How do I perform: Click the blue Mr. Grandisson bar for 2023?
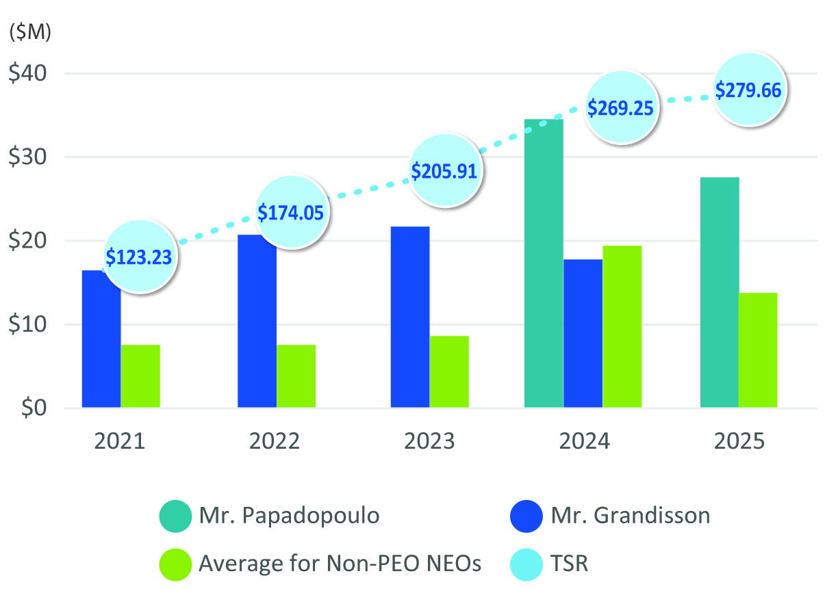pos(409,317)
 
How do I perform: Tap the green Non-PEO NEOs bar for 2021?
pos(140,376)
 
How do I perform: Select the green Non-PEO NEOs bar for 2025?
pos(758,350)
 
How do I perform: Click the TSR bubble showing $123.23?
pos(139,257)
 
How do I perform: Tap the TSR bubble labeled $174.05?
pos(291,212)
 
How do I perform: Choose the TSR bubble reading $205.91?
pos(444,170)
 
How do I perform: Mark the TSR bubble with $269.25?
pos(620,107)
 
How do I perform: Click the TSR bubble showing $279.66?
pos(748,89)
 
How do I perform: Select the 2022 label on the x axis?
pos(275,441)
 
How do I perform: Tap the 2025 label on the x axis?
pos(739,441)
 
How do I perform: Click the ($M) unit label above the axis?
pos(30,32)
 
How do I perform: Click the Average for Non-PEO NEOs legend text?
pos(340,564)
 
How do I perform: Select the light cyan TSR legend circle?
pos(527,564)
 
